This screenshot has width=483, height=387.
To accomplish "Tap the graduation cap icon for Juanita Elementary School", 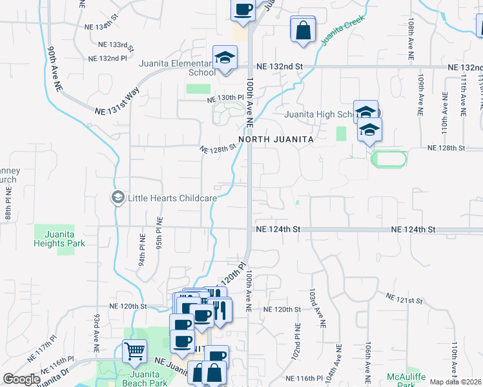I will (225, 57).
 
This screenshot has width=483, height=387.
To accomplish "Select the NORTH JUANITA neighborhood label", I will (276, 139).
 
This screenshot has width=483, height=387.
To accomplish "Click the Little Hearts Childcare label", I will (172, 198).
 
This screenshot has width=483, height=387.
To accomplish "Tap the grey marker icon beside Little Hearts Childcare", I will (118, 197).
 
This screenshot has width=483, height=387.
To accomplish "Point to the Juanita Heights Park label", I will (59, 239).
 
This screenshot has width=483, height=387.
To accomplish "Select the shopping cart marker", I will (135, 352).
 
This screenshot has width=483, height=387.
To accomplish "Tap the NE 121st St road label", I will (404, 299).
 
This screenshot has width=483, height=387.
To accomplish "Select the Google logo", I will (21, 379).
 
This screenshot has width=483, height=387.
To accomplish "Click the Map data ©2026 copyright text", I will (455, 382).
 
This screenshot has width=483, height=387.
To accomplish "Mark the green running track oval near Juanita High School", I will (389, 158).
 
